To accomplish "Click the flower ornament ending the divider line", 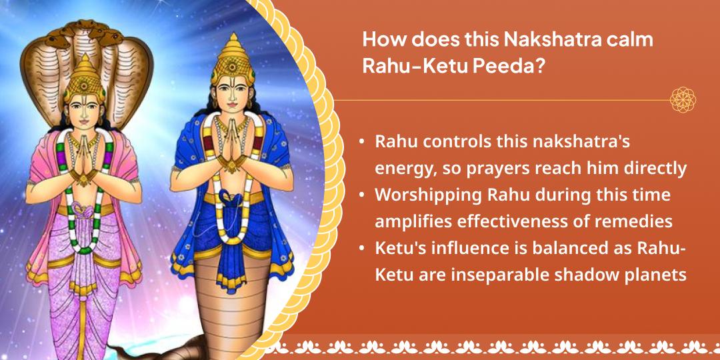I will point(683,100).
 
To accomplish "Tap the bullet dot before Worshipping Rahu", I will point(361,195).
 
